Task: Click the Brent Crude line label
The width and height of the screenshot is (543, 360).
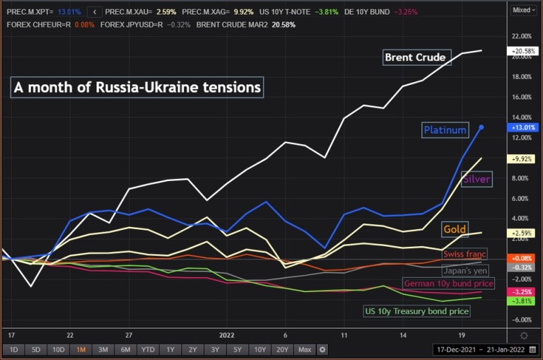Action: pyautogui.click(x=415, y=57)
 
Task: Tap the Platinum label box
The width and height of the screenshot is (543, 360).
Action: pyautogui.click(x=445, y=130)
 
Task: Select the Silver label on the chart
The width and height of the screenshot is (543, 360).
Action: pyautogui.click(x=476, y=180)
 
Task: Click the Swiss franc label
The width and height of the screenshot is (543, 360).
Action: pyautogui.click(x=465, y=254)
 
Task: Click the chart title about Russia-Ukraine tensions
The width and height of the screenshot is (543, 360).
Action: pyautogui.click(x=137, y=88)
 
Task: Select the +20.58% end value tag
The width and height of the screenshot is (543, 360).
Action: pyautogui.click(x=522, y=52)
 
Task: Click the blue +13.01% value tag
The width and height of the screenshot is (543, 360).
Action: pyautogui.click(x=522, y=127)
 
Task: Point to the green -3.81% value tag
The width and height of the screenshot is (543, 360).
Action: pyautogui.click(x=522, y=301)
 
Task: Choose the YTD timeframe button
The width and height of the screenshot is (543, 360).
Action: pyautogui.click(x=147, y=349)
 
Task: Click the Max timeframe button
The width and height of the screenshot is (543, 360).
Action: pyautogui.click(x=305, y=349)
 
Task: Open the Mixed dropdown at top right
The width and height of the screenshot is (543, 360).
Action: pyautogui.click(x=522, y=10)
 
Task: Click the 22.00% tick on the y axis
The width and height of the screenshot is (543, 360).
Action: pyautogui.click(x=521, y=36)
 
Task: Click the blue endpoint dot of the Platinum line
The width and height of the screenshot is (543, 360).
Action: pyautogui.click(x=481, y=127)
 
